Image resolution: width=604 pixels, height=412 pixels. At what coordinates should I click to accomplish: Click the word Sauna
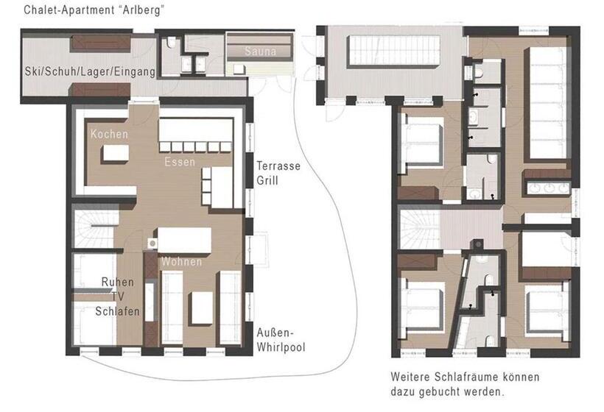click(261, 51)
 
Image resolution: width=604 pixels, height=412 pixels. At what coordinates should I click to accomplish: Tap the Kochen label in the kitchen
click(110, 135)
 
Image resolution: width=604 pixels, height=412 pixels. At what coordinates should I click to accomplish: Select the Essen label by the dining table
click(180, 161)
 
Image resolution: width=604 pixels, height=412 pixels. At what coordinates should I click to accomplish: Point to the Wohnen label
click(182, 262)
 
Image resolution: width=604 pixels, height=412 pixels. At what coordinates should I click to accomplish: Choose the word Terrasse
click(278, 166)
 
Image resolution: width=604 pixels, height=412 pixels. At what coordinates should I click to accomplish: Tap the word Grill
click(267, 180)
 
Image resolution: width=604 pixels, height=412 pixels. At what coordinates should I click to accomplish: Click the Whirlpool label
click(281, 347)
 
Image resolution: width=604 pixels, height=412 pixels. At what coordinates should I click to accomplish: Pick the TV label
click(117, 296)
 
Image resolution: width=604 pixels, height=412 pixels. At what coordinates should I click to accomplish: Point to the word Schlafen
click(117, 311)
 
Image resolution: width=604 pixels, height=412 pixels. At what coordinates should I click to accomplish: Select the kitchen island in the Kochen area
click(113, 154)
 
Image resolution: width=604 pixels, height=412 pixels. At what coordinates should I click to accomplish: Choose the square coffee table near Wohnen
click(201, 308)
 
